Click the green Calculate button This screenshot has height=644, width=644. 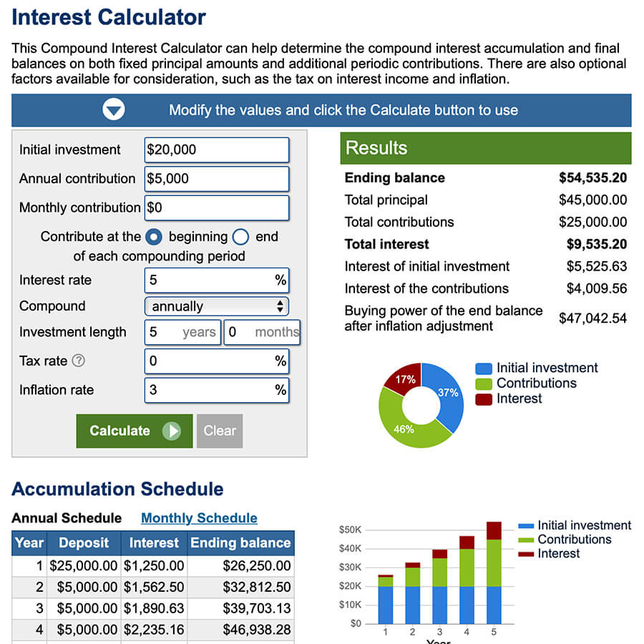tap(134, 431)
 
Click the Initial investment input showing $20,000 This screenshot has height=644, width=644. tap(216, 150)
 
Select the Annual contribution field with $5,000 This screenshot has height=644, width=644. tap(216, 179)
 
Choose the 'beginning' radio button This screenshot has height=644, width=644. tap(154, 237)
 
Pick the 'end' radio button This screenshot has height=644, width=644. tap(240, 237)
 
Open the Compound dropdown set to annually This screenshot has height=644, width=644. tap(216, 306)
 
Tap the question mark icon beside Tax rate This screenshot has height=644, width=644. tap(79, 361)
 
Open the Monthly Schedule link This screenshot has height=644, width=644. tap(199, 518)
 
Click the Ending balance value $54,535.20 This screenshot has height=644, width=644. tap(592, 178)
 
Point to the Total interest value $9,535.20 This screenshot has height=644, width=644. tap(596, 244)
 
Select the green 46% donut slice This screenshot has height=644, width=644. tap(404, 429)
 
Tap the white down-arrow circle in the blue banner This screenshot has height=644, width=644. tap(114, 110)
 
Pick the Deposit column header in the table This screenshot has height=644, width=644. tap(84, 543)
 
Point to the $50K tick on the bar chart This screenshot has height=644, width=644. tap(350, 530)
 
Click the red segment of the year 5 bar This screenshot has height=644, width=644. tap(494, 530)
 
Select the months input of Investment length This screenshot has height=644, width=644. tap(262, 332)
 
